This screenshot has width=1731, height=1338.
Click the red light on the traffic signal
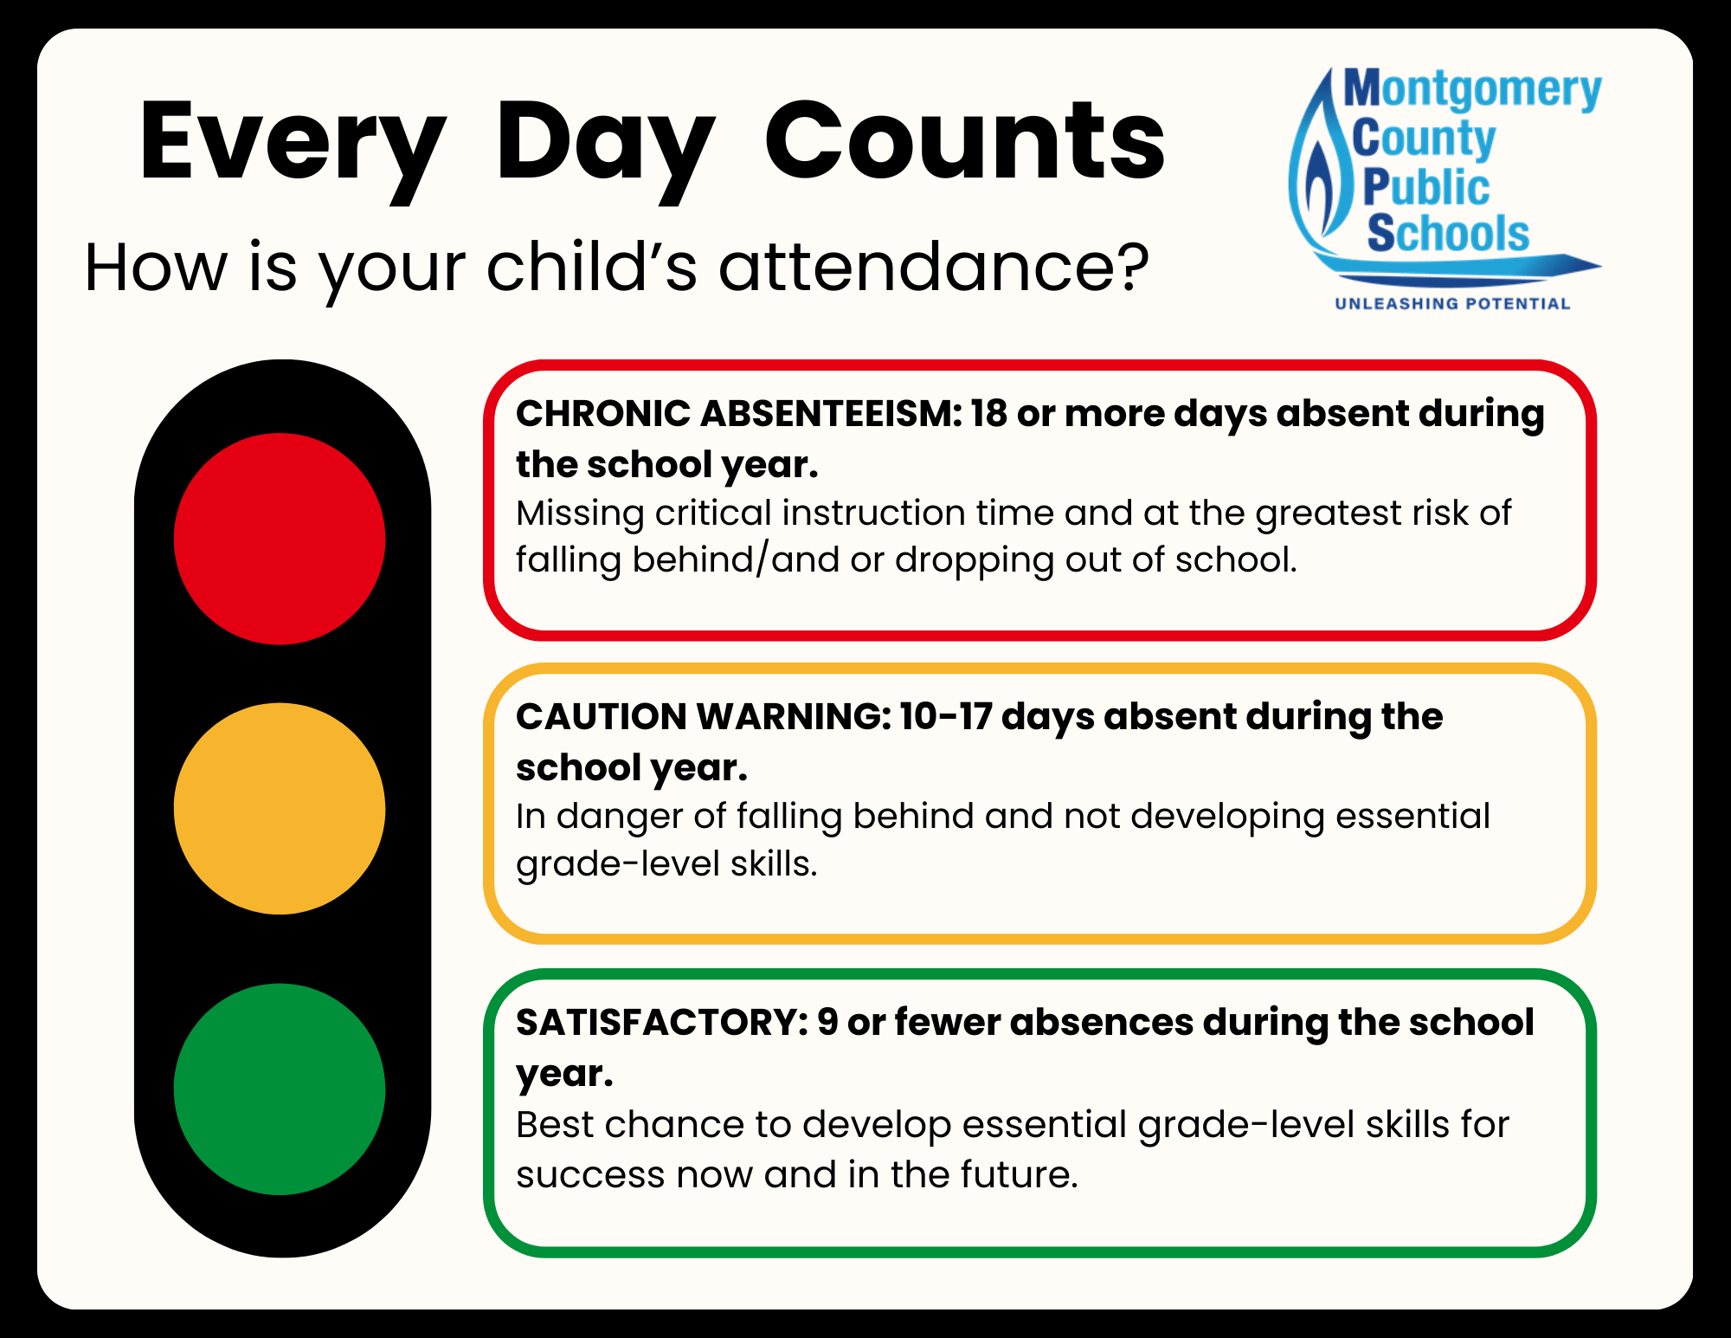tap(280, 539)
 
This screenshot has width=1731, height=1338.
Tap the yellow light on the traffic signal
tap(280, 808)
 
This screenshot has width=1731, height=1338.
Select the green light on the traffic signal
tap(280, 1089)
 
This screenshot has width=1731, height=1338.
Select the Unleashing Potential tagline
tap(1452, 304)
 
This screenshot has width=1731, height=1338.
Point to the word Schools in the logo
tap(1448, 234)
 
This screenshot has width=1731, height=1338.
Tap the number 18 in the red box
tap(988, 414)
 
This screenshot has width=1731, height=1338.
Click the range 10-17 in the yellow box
tap(945, 717)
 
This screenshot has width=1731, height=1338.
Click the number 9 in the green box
tap(827, 1023)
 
